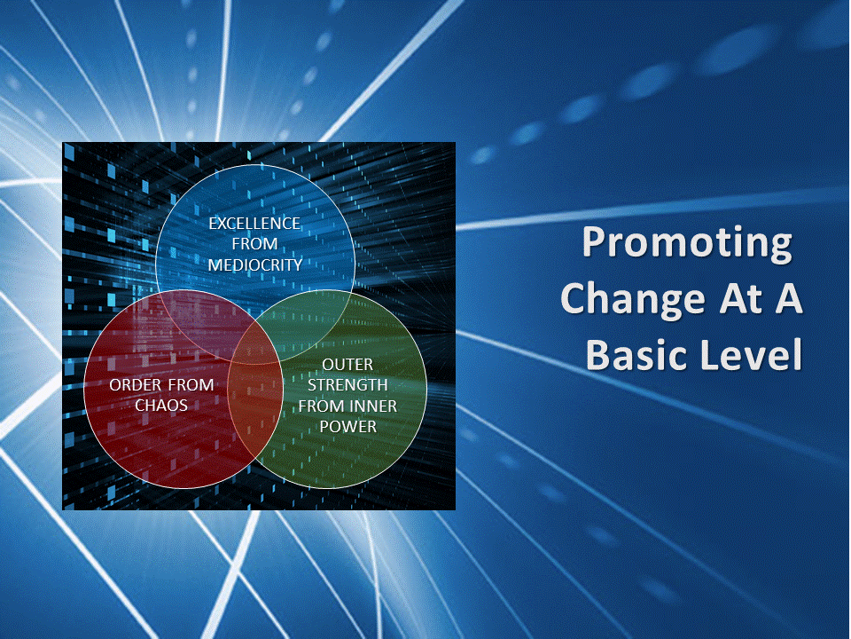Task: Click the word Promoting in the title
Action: pyautogui.click(x=687, y=244)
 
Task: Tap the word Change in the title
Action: pyautogui.click(x=632, y=299)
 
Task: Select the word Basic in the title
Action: pyautogui.click(x=637, y=354)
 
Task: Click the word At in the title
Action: pyautogui.click(x=740, y=298)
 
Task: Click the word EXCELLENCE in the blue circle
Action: pyautogui.click(x=254, y=224)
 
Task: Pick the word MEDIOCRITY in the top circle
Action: pyautogui.click(x=254, y=264)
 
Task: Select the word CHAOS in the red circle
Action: pyautogui.click(x=161, y=406)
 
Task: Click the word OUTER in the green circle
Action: pyautogui.click(x=347, y=364)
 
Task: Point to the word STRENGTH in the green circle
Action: pyautogui.click(x=347, y=384)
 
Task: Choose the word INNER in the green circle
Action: pyautogui.click(x=373, y=406)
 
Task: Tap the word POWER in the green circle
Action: pyautogui.click(x=347, y=427)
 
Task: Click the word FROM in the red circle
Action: pyautogui.click(x=191, y=384)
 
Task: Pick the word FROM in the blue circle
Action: pyautogui.click(x=254, y=244)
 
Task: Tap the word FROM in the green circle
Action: pyautogui.click(x=321, y=406)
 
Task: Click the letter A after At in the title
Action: pyautogui.click(x=789, y=298)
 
